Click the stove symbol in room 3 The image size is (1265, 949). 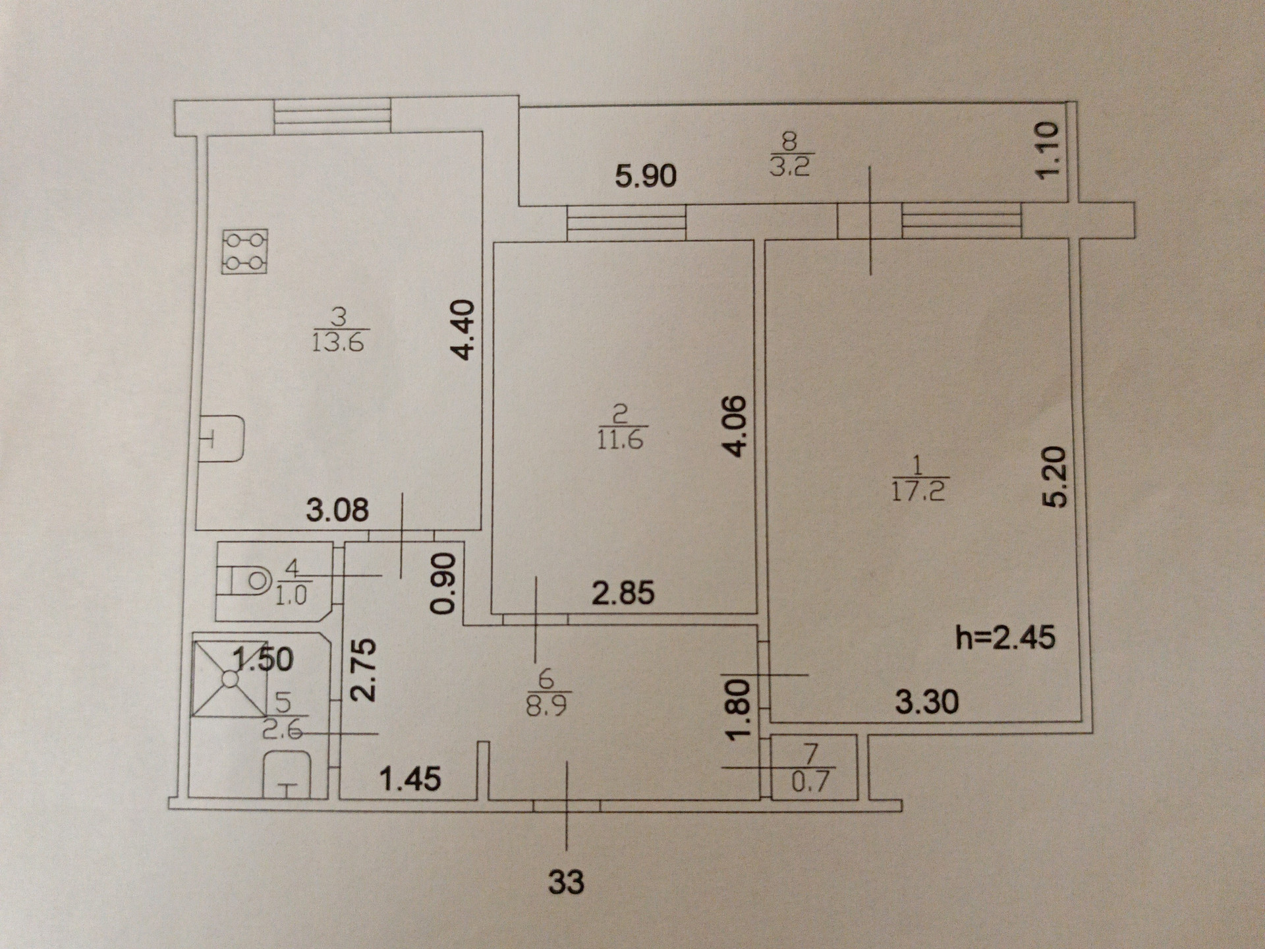[x=245, y=251]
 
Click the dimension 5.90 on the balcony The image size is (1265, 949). [x=646, y=177]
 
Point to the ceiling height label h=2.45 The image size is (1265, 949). [x=1005, y=637]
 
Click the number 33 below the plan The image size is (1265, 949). [x=566, y=882]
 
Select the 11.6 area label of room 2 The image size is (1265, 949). [x=620, y=438]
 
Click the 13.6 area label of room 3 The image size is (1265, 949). [x=338, y=343]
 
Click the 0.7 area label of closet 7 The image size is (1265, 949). [x=810, y=782]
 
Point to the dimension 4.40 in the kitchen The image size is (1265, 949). [x=464, y=330]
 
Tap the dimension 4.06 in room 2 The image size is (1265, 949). [x=737, y=425]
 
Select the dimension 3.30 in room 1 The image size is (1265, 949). [x=926, y=703]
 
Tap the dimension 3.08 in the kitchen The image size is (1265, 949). [x=337, y=510]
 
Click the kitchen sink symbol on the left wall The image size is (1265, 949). [x=223, y=438]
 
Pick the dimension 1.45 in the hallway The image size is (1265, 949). [x=410, y=780]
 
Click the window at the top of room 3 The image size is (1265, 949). [x=332, y=116]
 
